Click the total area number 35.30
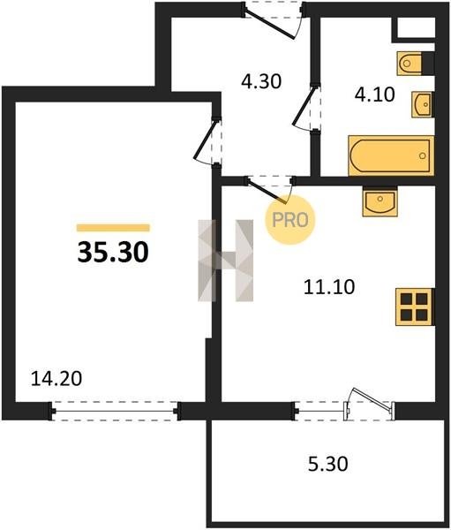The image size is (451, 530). [113, 253]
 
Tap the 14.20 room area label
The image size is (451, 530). [56, 379]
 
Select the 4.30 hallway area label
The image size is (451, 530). [261, 81]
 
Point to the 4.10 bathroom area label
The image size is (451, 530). [374, 95]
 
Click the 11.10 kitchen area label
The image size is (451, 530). [329, 287]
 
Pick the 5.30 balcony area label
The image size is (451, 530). [328, 464]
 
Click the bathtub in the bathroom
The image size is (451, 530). [391, 155]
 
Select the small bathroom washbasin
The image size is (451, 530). [422, 104]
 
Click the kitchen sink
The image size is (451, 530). [380, 201]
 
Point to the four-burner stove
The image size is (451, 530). [415, 307]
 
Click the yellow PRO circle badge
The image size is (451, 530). [289, 220]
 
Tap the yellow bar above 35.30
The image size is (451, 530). [113, 228]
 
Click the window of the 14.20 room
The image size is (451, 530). [115, 411]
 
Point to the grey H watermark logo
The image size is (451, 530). [225, 261]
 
